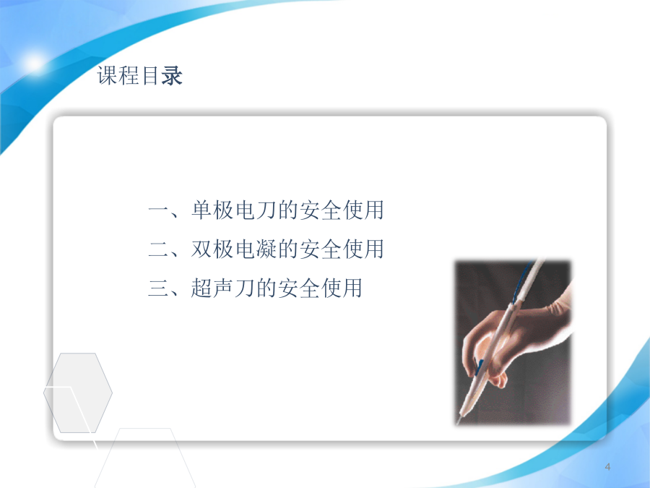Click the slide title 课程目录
[139, 75]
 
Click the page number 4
[607, 467]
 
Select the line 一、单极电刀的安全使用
[266, 210]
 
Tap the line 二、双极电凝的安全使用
[266, 249]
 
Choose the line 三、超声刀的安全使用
[255, 288]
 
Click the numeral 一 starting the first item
[158, 210]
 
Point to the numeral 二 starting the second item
[158, 249]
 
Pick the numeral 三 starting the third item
[158, 288]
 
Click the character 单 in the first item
[201, 210]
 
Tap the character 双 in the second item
[201, 249]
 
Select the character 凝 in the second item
[266, 249]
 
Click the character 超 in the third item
[201, 288]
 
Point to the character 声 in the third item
[222, 288]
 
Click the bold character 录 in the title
[172, 75]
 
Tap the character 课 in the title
[108, 75]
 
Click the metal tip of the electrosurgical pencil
[459, 419]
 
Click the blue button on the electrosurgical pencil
[480, 367]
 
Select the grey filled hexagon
[78, 393]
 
